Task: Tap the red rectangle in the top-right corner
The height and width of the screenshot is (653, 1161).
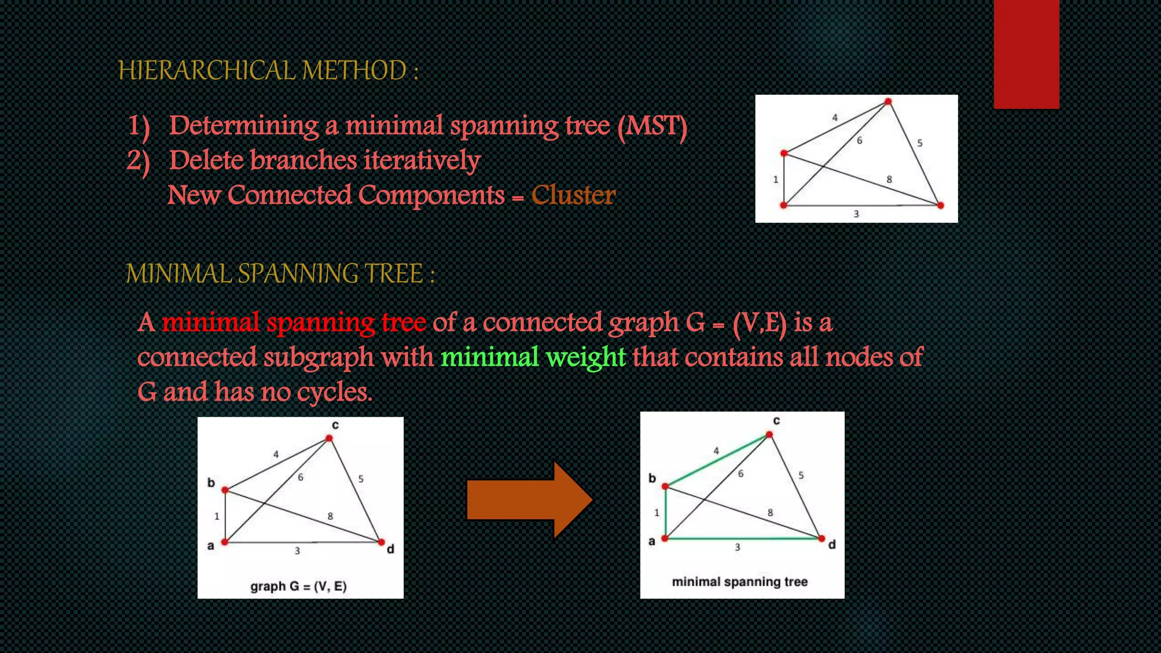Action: pos(1026,54)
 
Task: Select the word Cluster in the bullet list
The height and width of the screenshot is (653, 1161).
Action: pos(573,196)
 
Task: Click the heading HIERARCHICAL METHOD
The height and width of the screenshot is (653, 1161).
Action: pos(268,71)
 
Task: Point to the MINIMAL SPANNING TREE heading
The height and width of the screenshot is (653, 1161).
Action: pos(279,274)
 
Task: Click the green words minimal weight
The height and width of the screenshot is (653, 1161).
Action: pos(533,357)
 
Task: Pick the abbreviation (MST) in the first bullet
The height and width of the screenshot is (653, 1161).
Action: pos(652,126)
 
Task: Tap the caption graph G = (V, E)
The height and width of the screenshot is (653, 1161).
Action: pos(298,586)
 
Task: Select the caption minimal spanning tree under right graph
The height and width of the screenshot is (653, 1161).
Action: pos(739,582)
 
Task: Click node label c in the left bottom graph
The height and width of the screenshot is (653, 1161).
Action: pos(335,425)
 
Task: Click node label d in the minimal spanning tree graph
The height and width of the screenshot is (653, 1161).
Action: pos(832,545)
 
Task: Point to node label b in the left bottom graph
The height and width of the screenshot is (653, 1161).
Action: pos(211,483)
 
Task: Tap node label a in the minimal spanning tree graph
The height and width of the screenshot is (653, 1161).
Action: pos(652,541)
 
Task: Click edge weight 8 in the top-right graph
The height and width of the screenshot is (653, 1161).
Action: pos(889,179)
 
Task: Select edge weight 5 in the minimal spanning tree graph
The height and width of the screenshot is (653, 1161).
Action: pos(800,475)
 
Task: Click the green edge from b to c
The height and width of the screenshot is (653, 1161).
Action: pos(717,460)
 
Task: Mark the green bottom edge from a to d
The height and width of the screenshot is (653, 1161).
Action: pos(743,538)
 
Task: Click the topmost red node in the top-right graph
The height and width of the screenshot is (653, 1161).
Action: pos(888,102)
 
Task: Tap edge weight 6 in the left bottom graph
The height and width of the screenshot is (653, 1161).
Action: pos(300,477)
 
